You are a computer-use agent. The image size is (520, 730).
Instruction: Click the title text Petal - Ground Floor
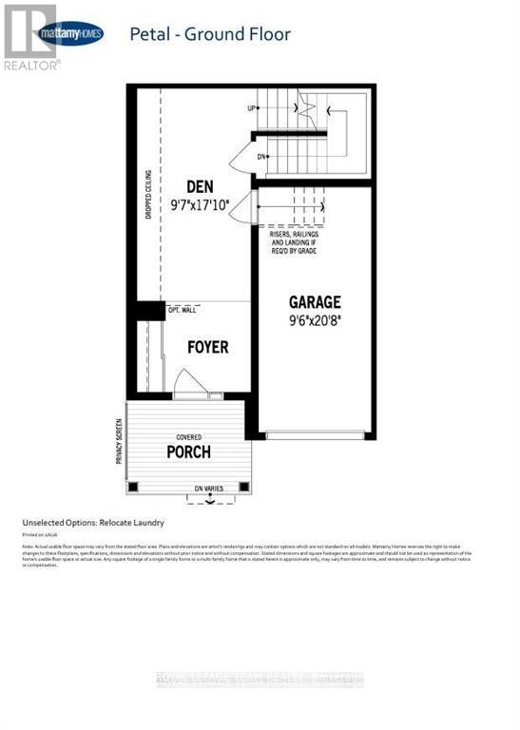coord(209,35)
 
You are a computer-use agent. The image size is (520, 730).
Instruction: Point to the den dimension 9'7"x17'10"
coord(201,204)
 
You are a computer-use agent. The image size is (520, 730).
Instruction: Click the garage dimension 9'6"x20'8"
coord(315,319)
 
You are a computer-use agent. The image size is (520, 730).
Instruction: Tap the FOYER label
coord(207,347)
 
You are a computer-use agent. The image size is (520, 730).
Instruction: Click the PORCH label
coord(188,451)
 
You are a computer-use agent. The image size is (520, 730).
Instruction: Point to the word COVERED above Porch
coord(187,437)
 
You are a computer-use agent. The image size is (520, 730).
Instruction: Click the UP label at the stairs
coord(253,108)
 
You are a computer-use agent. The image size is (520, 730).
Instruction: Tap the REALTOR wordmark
coord(31,66)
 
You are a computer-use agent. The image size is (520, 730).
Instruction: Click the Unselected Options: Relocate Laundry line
coord(93,523)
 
